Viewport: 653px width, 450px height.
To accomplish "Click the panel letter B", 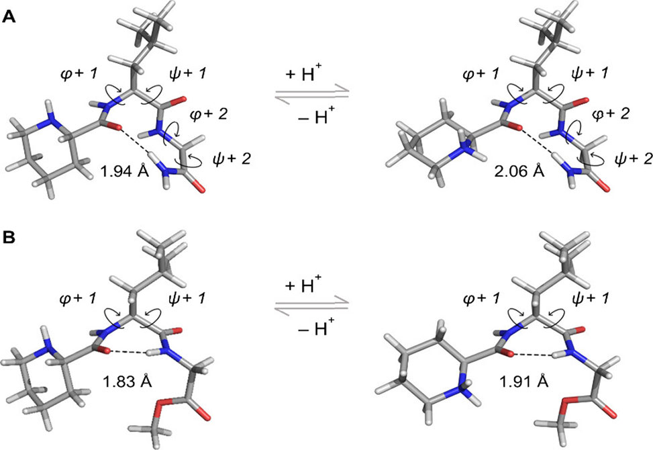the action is (9, 238).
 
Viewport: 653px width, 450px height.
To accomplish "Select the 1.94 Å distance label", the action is (125, 171).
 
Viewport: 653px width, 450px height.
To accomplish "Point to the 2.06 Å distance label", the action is (519, 171).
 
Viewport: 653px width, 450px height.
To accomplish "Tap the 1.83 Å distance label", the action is (127, 381).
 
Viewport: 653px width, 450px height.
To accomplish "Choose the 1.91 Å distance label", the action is (523, 381).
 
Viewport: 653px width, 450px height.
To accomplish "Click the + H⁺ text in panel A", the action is (303, 74).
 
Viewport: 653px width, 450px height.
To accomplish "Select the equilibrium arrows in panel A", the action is (311, 93).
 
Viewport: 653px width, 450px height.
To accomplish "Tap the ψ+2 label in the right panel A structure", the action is (634, 159).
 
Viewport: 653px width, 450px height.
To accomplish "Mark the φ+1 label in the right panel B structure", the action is (481, 299).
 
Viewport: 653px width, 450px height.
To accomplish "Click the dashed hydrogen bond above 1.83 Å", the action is (128, 353).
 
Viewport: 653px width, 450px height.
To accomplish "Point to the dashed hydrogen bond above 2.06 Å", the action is (537, 143).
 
